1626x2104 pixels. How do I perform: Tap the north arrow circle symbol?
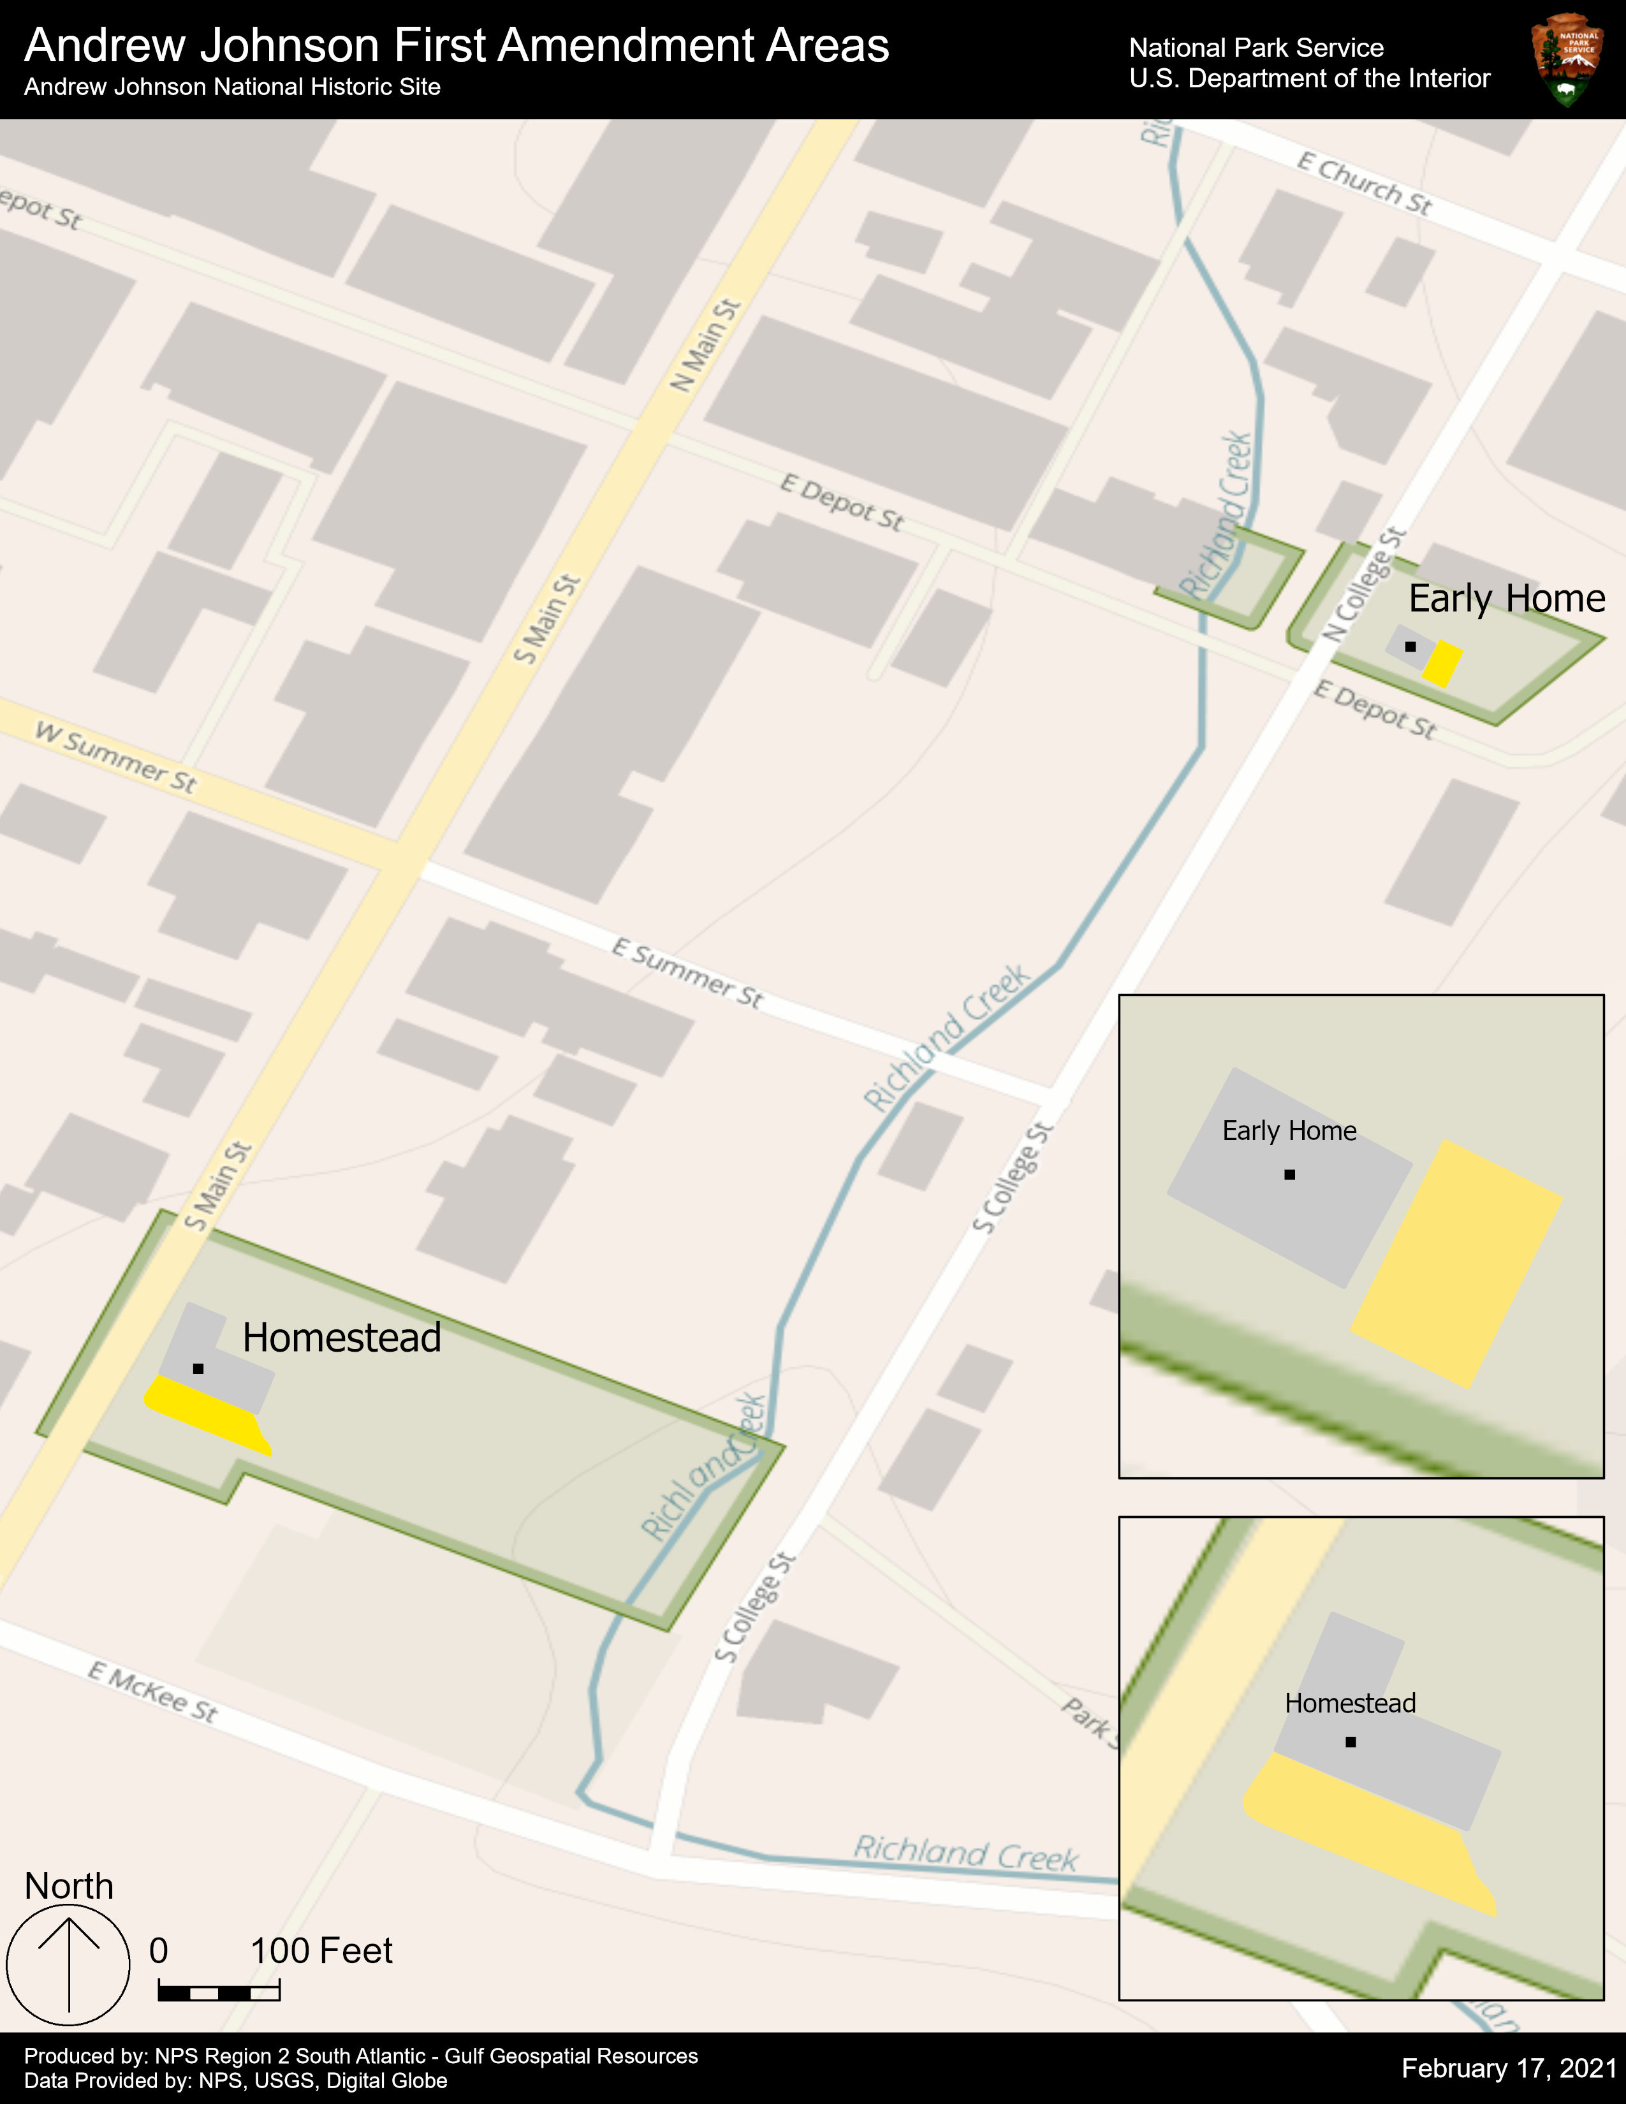68,1965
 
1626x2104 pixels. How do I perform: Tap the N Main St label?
705,346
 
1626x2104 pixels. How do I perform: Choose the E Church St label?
1364,182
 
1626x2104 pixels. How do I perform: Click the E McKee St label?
153,1691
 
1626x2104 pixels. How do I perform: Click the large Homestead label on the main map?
342,1338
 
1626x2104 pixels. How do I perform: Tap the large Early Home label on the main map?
1507,598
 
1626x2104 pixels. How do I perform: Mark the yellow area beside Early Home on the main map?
1442,664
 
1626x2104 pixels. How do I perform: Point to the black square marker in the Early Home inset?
1290,1174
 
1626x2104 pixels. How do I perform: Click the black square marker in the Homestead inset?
1351,1742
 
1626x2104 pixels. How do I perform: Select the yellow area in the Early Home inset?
1456,1263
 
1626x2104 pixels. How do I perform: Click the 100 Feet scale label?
322,1951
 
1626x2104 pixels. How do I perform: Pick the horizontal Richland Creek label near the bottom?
965,1853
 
